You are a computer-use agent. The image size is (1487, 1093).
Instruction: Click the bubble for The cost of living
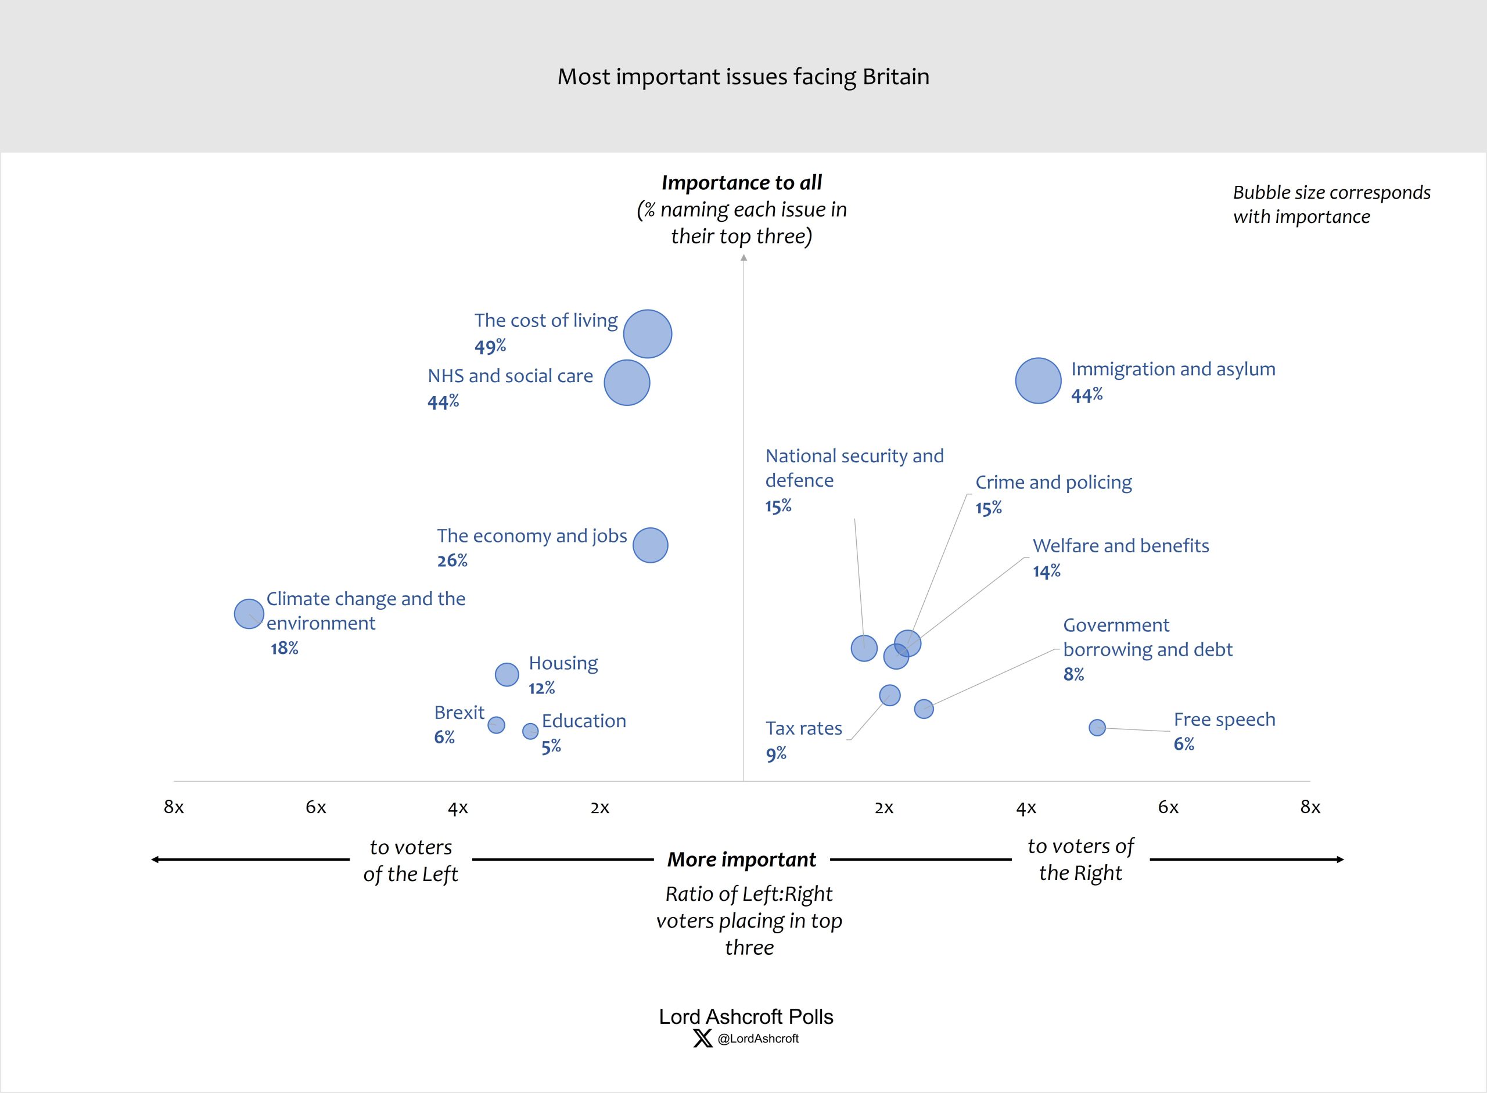tap(647, 334)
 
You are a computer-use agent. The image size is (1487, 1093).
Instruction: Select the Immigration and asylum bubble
tap(1037, 380)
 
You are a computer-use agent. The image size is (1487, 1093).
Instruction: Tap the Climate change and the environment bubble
tap(249, 614)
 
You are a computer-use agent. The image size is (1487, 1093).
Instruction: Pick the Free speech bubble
tap(1097, 728)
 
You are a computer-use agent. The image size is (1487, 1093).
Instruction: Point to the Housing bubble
tap(507, 675)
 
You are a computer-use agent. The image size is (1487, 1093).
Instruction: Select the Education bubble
tap(530, 731)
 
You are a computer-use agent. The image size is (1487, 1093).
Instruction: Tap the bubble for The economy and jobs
tap(650, 545)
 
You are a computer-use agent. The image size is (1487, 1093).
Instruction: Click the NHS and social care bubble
tap(627, 382)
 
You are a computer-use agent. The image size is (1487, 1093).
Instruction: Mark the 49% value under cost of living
tap(490, 346)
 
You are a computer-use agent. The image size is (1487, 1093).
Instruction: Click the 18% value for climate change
tap(284, 648)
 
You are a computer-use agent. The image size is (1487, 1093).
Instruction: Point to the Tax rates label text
tap(803, 728)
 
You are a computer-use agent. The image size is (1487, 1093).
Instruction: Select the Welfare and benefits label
tap(1120, 546)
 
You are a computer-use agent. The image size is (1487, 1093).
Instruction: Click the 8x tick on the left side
tap(174, 807)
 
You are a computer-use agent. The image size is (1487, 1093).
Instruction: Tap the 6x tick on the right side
tap(1168, 807)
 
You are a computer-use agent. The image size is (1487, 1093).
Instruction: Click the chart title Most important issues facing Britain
tap(743, 77)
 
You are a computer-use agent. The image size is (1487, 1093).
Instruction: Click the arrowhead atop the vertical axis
tap(744, 258)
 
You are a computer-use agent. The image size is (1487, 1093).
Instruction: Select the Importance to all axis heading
tap(742, 182)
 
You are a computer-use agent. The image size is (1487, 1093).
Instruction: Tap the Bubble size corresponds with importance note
tap(1331, 204)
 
